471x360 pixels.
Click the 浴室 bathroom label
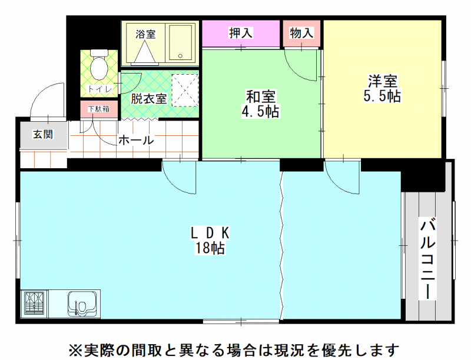pos(145,34)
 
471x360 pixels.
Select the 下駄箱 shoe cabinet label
pos(98,109)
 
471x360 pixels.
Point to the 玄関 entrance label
pos(43,134)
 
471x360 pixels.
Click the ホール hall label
pos(136,140)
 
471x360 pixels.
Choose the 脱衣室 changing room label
pos(149,98)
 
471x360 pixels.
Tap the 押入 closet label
pos(241,33)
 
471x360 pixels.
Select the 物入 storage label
pos(301,33)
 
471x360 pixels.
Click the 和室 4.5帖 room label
pos(260,104)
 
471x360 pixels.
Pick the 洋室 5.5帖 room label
pos(382,88)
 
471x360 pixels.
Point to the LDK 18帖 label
pos(210,241)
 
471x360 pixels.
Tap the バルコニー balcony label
pos(428,260)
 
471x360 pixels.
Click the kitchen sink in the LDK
pos(82,304)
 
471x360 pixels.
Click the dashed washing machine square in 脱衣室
pos(185,91)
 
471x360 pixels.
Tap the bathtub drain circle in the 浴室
pos(180,56)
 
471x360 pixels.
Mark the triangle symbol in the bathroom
pos(145,52)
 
